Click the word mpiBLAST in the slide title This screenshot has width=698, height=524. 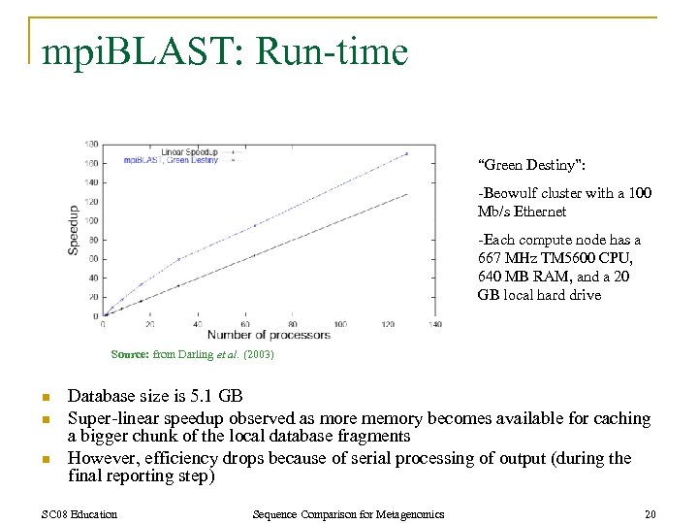tap(135, 51)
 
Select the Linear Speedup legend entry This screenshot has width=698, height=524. tap(189, 152)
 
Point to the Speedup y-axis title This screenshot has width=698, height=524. tap(73, 230)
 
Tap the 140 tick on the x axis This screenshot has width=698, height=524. tap(434, 324)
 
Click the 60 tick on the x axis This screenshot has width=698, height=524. tap(246, 324)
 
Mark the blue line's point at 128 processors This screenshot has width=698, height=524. tap(406, 153)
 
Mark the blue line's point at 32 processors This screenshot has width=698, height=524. tap(179, 259)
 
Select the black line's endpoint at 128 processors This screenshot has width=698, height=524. tap(406, 193)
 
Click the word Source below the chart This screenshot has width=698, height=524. tap(129, 355)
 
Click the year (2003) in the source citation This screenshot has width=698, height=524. tap(258, 355)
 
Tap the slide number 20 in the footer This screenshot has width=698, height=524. tap(649, 513)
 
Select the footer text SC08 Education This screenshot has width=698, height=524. tap(80, 513)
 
